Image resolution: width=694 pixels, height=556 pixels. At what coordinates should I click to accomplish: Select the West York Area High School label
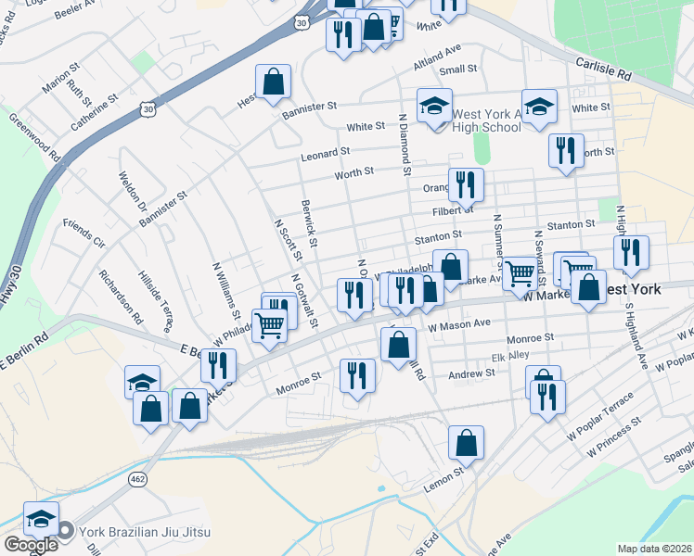point(486,120)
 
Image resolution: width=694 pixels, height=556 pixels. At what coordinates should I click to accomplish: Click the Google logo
point(30,545)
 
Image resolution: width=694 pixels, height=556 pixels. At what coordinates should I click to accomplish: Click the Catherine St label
point(94,108)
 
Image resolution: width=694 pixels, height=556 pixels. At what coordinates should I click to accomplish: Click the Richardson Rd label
point(121,297)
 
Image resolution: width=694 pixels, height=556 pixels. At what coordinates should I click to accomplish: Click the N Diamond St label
point(404,145)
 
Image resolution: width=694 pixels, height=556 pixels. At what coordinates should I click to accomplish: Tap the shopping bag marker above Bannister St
point(274,82)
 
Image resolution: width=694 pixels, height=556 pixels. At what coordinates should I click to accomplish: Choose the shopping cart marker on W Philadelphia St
point(269,326)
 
